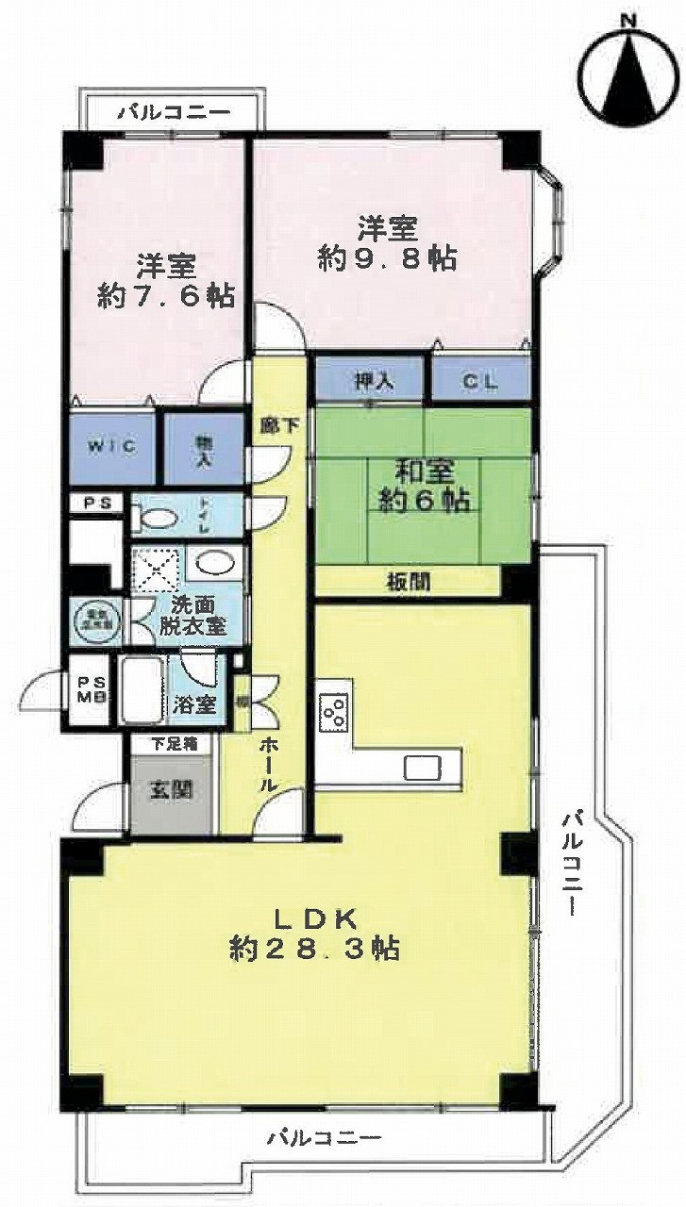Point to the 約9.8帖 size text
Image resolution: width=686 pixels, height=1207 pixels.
388,258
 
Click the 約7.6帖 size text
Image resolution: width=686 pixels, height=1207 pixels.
166,295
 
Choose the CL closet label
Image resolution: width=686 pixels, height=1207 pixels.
479,382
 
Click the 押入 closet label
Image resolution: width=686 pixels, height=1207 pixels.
374,382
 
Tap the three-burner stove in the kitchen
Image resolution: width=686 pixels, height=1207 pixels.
333,712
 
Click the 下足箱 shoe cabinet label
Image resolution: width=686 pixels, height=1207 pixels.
175,744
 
